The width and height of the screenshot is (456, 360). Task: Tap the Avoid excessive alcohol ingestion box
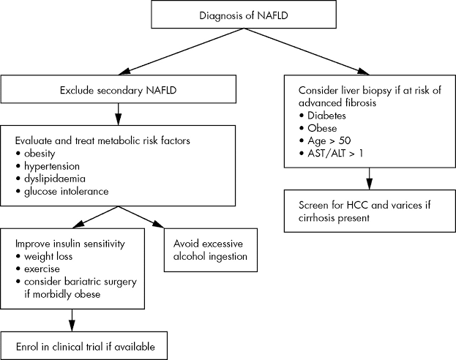click(x=207, y=250)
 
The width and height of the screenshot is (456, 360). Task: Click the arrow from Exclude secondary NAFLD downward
click(x=118, y=113)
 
